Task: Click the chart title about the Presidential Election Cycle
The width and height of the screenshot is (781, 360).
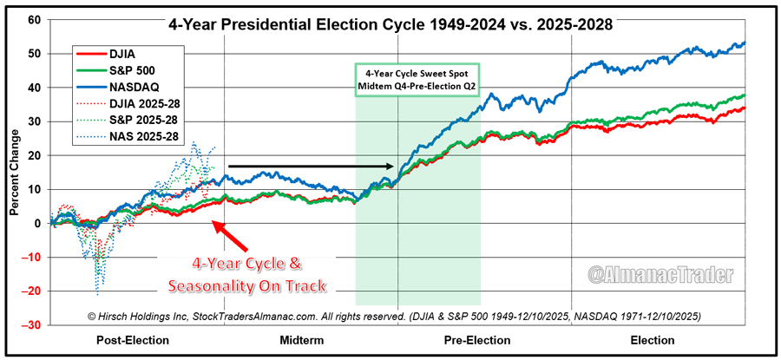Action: pyautogui.click(x=390, y=25)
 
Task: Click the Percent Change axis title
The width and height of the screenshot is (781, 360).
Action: pyautogui.click(x=14, y=173)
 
